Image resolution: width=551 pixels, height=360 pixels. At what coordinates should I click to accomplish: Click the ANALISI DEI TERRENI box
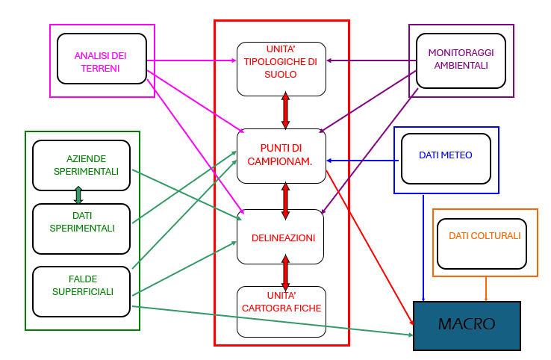pyautogui.click(x=102, y=58)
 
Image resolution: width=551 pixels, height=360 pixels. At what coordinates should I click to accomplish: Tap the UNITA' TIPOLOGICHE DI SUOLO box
pyautogui.click(x=281, y=69)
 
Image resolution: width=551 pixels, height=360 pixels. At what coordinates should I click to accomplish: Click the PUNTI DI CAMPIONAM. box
pyautogui.click(x=281, y=155)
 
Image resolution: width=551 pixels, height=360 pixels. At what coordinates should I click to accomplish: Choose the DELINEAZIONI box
pyautogui.click(x=281, y=237)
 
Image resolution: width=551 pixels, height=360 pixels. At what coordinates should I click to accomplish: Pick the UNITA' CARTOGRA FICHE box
pyautogui.click(x=281, y=311)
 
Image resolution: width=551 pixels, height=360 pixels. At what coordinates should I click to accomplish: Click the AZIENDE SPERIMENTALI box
pyautogui.click(x=82, y=165)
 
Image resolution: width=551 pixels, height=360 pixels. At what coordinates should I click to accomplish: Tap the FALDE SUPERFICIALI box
pyautogui.click(x=82, y=291)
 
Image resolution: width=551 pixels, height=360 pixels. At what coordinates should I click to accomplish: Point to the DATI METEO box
pyautogui.click(x=446, y=158)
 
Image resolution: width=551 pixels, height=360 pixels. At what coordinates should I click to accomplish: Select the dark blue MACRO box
pyautogui.click(x=467, y=326)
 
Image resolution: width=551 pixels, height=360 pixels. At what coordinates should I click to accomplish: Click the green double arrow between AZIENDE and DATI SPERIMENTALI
pyautogui.click(x=78, y=196)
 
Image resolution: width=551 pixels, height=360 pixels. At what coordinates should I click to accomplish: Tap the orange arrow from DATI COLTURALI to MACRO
pyautogui.click(x=487, y=289)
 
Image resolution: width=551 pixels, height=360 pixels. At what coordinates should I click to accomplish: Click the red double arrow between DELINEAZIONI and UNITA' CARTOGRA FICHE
pyautogui.click(x=285, y=274)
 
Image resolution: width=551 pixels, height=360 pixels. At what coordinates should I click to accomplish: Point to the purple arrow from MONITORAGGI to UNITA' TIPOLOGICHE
pyautogui.click(x=371, y=60)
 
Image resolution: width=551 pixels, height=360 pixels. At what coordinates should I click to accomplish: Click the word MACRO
pyautogui.click(x=467, y=325)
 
